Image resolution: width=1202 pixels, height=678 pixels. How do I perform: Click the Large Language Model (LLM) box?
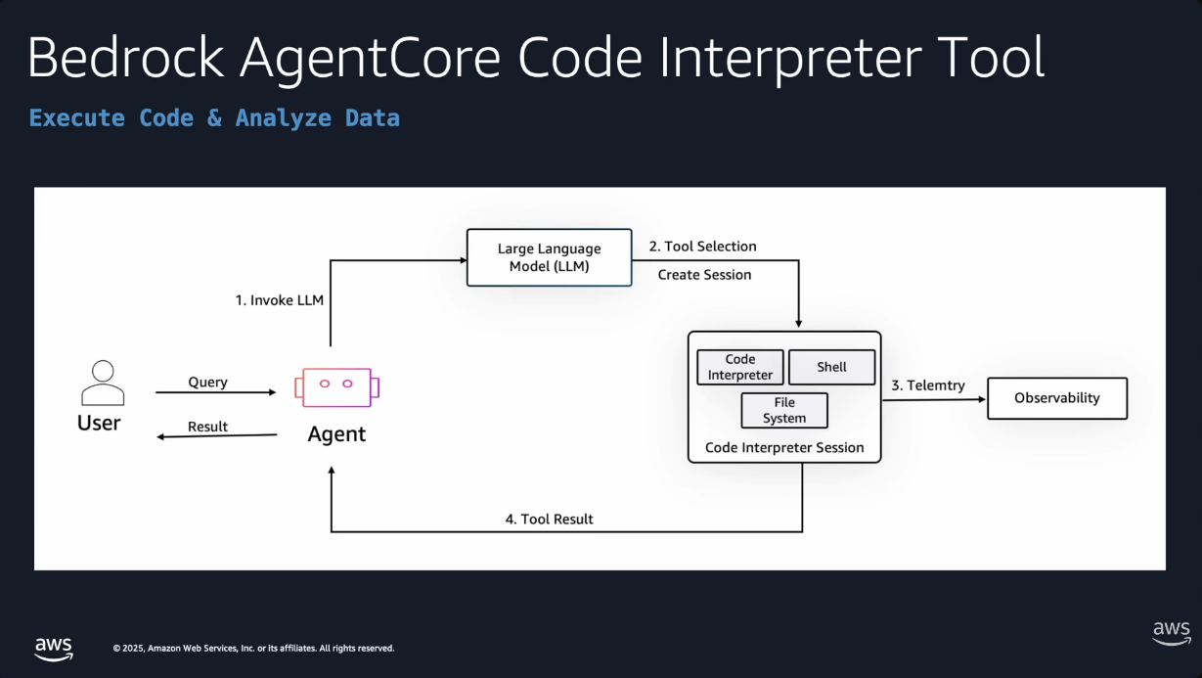coord(549,257)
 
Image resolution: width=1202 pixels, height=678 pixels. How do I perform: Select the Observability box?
coord(1056,398)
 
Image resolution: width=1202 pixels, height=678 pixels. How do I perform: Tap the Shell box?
coord(831,367)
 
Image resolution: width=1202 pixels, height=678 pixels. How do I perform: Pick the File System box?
coord(784,410)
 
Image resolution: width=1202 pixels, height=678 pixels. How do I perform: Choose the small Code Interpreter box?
coord(740,367)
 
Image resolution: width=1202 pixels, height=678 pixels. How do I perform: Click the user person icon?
coord(102,383)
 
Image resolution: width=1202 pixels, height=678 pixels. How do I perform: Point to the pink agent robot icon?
coord(336,386)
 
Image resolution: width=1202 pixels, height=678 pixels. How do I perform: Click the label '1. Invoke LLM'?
coord(279,300)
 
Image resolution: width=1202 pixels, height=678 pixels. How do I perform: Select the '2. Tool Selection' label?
coord(702,247)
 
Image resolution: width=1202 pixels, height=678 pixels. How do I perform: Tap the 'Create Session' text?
coord(704,275)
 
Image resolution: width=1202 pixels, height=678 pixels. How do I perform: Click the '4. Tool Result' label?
coord(549,519)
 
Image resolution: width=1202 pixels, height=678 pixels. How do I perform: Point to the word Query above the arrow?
coord(207,382)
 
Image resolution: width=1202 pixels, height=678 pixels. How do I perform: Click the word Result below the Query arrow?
coord(207,427)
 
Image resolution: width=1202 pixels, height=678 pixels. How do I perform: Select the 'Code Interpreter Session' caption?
coord(784,448)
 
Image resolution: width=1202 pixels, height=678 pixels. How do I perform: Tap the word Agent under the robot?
coord(336,434)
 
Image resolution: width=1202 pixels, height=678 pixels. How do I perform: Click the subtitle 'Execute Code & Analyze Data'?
coord(214,118)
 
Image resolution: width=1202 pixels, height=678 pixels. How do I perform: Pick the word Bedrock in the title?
coord(125,59)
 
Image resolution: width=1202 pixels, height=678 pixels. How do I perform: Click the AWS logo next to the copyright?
coord(54,648)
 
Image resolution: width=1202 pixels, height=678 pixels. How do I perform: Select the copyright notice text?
coord(253,648)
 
